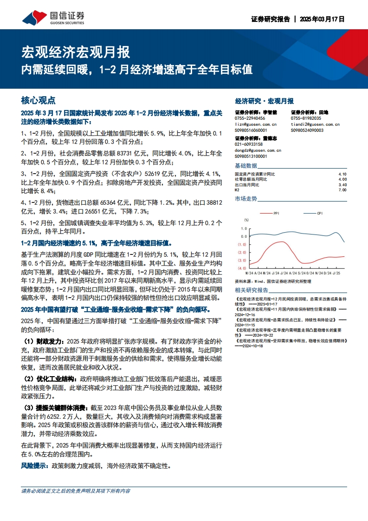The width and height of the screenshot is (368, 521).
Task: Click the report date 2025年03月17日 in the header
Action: pyautogui.click(x=322, y=20)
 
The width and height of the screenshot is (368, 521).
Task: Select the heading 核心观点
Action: pyautogui.click(x=39, y=100)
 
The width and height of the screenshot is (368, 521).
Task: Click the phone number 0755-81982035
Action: pyautogui.click(x=306, y=118)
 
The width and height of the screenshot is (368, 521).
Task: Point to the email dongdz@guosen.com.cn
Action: pyautogui.click(x=258, y=150)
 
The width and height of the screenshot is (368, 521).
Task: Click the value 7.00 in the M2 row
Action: pyautogui.click(x=342, y=190)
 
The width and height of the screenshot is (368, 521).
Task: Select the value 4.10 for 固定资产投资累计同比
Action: pyautogui.click(x=342, y=174)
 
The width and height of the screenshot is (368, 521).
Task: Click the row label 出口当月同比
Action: pyautogui.click(x=247, y=184)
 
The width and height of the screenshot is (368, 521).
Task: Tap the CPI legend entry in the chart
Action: pyautogui.click(x=320, y=213)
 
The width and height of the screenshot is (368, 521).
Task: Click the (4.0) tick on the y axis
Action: pyautogui.click(x=242, y=268)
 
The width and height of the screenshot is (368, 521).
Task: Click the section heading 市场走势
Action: pyautogui.click(x=246, y=199)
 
